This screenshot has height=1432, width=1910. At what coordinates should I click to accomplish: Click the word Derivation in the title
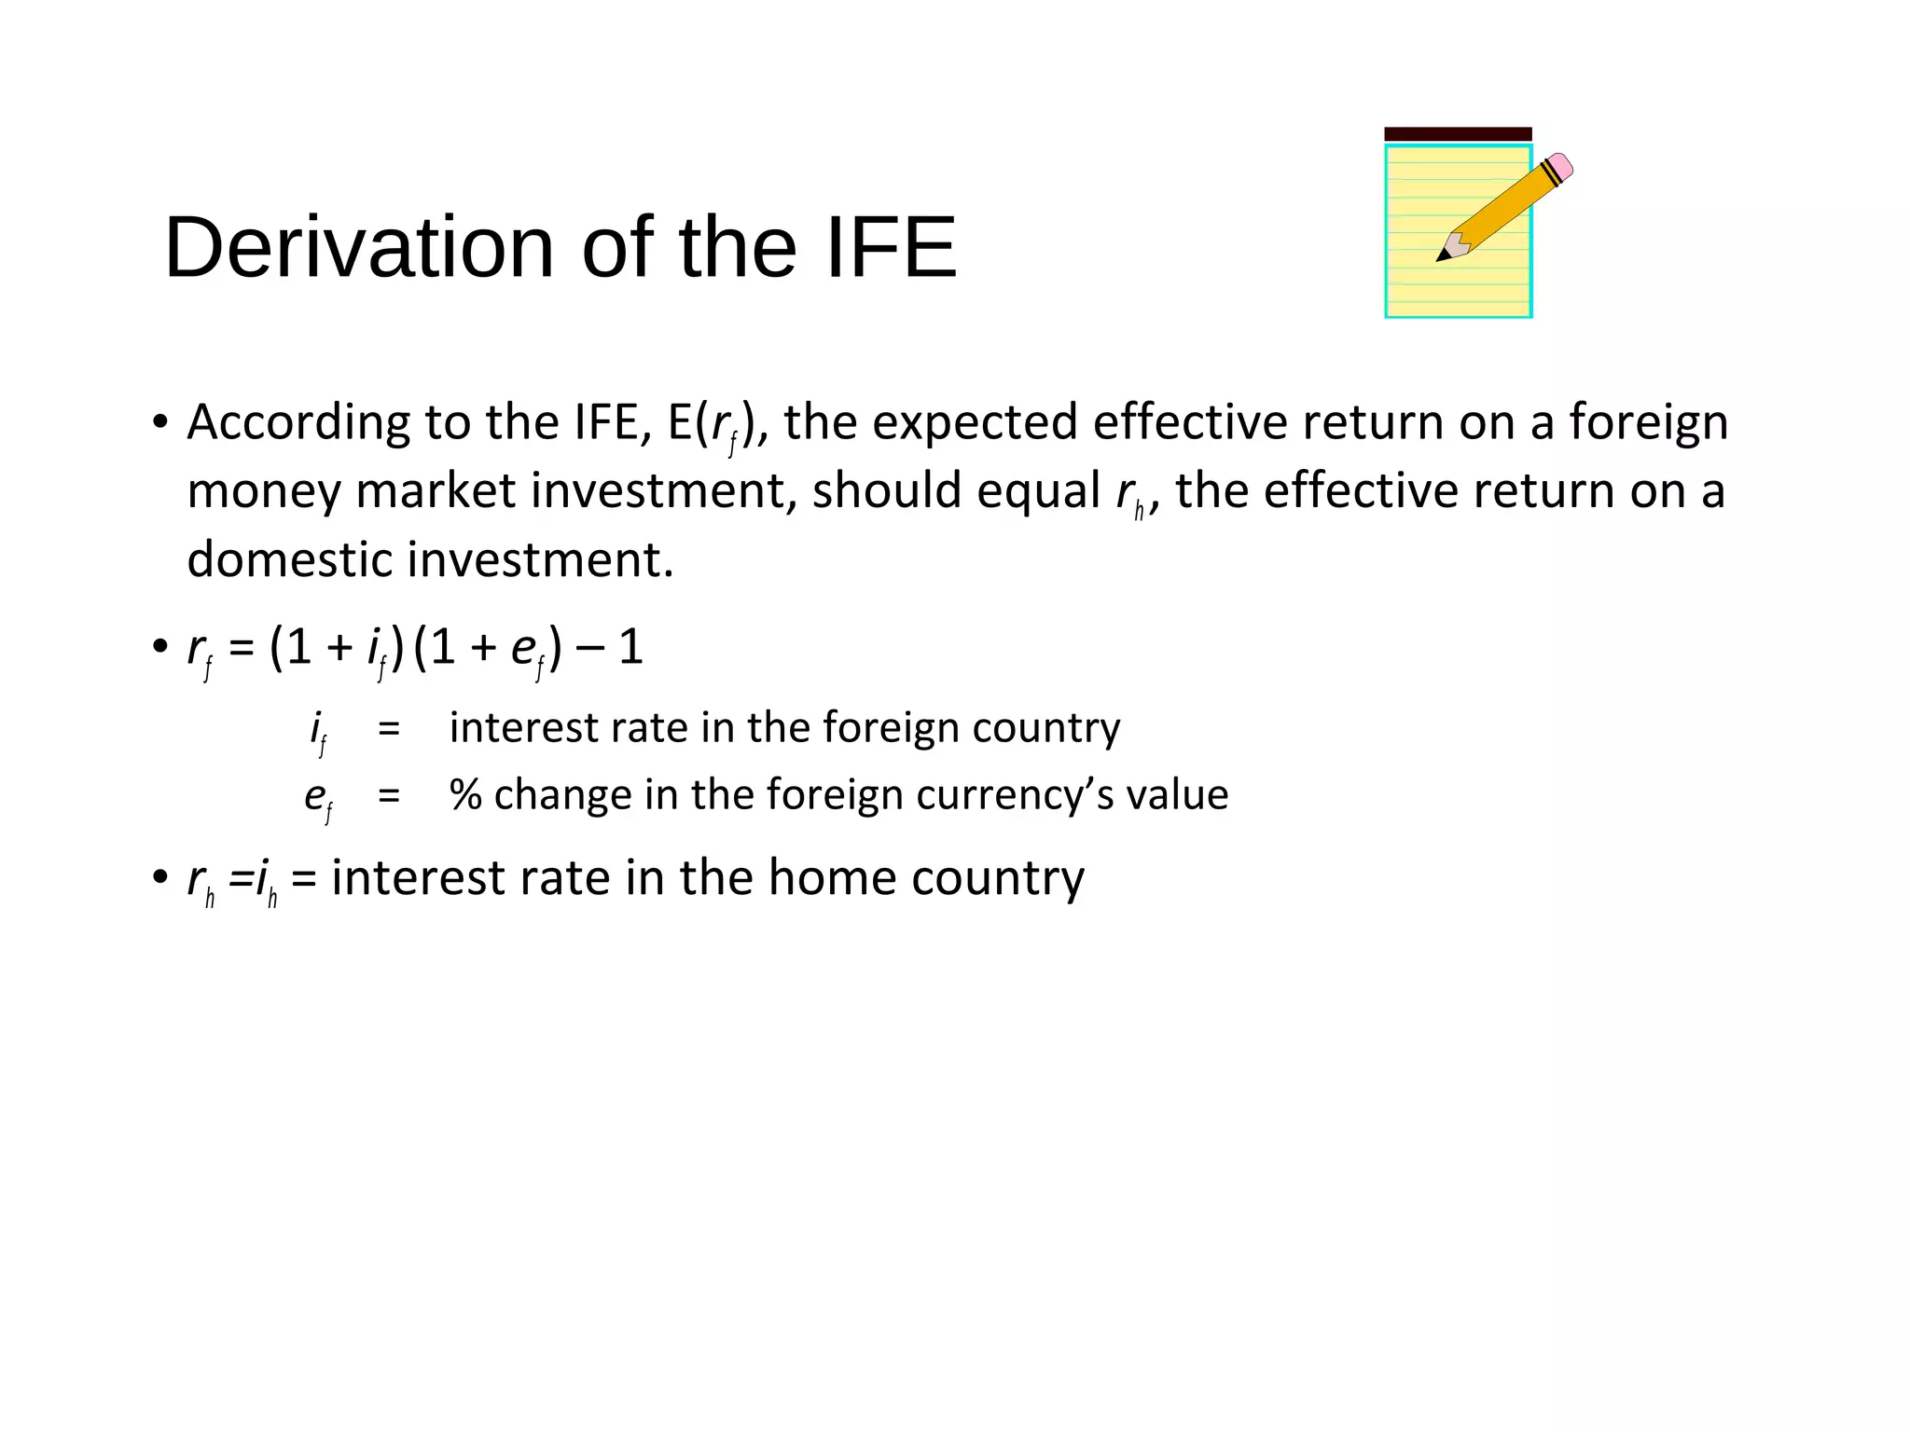358,248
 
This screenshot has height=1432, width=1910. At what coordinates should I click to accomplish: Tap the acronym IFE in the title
891,248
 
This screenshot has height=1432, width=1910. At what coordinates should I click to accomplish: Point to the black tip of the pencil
1443,255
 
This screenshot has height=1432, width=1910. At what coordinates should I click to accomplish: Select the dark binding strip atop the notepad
1457,134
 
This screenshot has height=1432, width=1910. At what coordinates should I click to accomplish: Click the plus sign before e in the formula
483,648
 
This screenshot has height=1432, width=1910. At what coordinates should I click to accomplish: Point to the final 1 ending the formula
631,648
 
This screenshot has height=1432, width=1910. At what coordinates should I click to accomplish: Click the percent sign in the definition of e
465,795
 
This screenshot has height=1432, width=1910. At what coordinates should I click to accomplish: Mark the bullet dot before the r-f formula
160,647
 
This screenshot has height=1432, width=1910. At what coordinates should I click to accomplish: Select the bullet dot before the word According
160,422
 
